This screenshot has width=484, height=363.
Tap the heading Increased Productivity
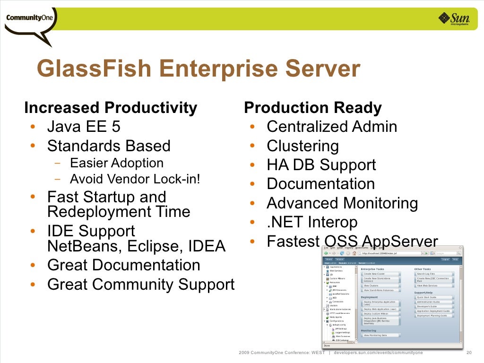tap(110, 108)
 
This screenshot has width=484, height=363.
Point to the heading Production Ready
tap(312, 108)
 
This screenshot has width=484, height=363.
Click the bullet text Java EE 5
tap(84, 127)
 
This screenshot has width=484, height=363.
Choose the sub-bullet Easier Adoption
tap(116, 163)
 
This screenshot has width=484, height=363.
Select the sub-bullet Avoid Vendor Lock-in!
tap(135, 180)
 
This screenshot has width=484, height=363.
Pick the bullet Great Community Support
tap(141, 285)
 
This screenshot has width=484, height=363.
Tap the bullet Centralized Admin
tap(332, 127)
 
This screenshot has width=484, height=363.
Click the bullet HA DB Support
tap(321, 165)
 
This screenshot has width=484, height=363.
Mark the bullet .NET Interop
tap(312, 222)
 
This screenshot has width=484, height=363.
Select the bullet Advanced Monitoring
tap(342, 203)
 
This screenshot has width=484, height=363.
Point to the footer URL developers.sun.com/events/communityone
tap(378, 353)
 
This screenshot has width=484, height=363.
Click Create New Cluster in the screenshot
tap(374, 274)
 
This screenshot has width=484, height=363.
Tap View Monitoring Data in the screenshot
tap(375, 335)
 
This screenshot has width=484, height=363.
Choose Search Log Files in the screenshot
tap(425, 274)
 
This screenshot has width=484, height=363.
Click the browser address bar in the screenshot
tap(392, 253)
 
